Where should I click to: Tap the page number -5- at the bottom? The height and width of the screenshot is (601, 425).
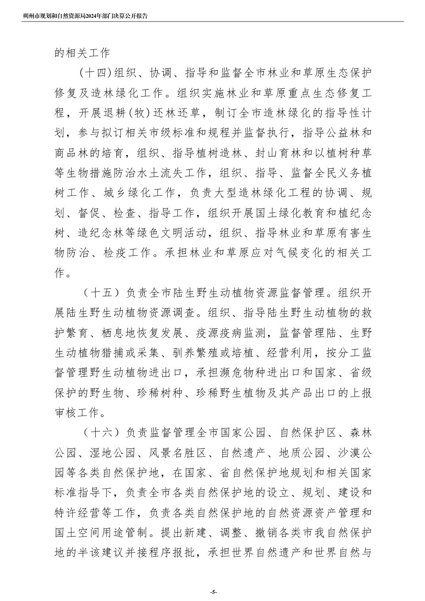click(x=213, y=592)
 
